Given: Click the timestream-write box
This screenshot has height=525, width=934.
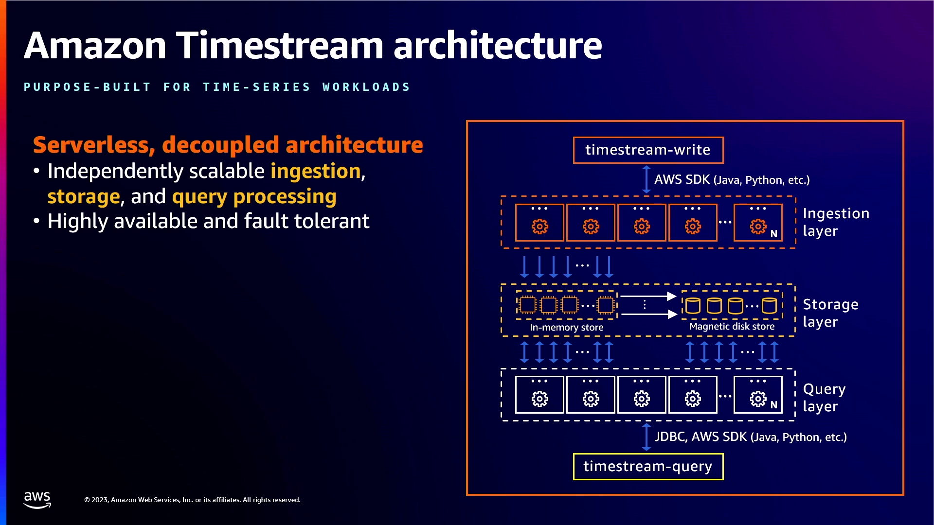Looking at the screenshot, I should click(x=647, y=150).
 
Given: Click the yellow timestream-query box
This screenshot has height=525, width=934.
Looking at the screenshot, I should click(x=647, y=467).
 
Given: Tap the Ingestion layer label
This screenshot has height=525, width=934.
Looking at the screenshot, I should click(x=835, y=222).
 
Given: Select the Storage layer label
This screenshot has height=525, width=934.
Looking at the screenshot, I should click(x=830, y=313).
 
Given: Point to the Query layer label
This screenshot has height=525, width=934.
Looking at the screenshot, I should click(x=824, y=398).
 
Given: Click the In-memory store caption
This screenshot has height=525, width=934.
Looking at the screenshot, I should click(x=566, y=328).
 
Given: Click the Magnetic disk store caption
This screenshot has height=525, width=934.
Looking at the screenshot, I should click(x=731, y=327).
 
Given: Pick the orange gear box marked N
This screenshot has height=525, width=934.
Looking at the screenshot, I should click(x=757, y=223).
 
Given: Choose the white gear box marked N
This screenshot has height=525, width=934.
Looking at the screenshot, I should click(x=757, y=395).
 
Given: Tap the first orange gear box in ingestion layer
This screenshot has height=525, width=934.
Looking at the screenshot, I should click(x=539, y=223).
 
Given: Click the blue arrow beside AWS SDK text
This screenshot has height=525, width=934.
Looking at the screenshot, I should click(x=646, y=179).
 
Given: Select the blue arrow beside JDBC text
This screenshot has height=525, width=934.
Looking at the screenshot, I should click(x=646, y=437).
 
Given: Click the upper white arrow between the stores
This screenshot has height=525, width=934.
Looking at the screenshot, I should click(x=647, y=296).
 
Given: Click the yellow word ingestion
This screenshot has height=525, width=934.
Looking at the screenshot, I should click(x=315, y=172).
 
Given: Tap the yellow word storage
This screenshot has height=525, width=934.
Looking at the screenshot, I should click(x=83, y=197).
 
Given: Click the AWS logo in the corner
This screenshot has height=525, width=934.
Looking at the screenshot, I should click(x=37, y=499).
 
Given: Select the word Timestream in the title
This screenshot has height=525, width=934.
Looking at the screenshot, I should click(x=280, y=46).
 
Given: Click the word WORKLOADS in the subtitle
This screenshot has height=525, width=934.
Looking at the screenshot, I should click(x=366, y=87).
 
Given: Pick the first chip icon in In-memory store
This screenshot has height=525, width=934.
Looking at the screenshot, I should click(x=527, y=305).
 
